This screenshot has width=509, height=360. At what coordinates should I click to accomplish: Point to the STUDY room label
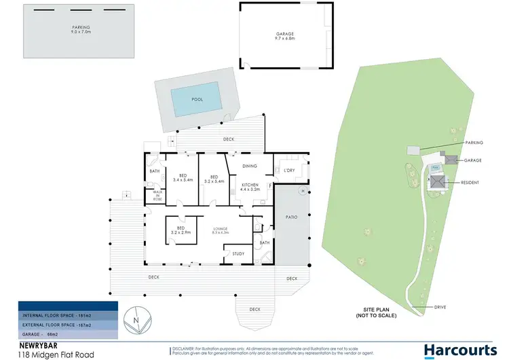pos(238,254)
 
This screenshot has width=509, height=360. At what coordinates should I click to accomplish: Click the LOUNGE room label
pos(221,230)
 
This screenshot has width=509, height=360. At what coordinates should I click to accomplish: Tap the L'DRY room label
pos(288,170)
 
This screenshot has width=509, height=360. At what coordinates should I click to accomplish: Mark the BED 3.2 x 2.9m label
pos(180,230)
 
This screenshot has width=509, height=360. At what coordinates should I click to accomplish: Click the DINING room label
pos(249,166)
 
